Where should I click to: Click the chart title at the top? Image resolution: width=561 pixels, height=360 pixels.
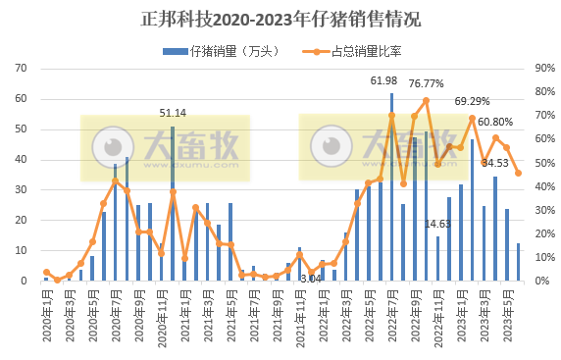coord(280,19)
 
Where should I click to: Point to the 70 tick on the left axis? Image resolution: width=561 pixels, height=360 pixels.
coord(25,69)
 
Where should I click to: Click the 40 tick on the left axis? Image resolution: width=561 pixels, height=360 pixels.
coord(25,160)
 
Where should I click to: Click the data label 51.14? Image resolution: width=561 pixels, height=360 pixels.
coord(173,114)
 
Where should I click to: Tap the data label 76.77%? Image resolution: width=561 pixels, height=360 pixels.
coord(428,83)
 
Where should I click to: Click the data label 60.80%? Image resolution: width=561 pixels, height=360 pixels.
coord(496,123)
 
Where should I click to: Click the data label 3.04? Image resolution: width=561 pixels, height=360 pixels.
coord(311,279)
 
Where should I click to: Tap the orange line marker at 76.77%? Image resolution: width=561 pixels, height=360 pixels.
coord(426,100)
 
